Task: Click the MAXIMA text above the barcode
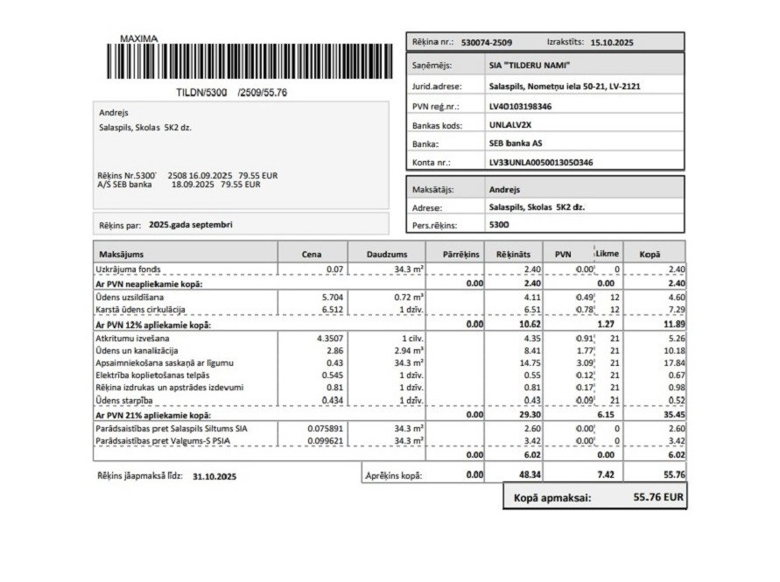point(139,39)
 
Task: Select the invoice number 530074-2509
point(486,42)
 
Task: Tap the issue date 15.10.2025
point(612,42)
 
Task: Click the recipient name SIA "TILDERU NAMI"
point(530,66)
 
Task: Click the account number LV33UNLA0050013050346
point(540,163)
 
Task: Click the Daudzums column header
point(385,254)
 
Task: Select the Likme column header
point(607,254)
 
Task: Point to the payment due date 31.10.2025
point(214,477)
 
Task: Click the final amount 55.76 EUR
point(657,497)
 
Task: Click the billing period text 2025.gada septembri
point(191,225)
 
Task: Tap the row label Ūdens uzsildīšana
point(130,297)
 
